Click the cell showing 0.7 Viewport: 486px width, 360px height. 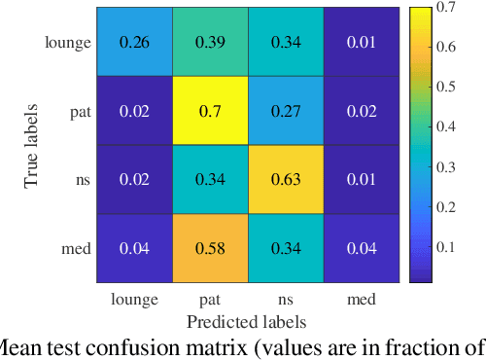(209, 111)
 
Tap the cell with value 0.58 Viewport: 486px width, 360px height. (209, 248)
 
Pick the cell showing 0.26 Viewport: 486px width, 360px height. (133, 42)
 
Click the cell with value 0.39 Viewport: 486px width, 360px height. (209, 42)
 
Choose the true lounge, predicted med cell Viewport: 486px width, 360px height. (361, 42)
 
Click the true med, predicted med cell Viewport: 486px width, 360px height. (361, 248)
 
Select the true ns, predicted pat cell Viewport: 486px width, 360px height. (209, 179)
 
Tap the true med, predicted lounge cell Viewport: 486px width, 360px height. (133, 248)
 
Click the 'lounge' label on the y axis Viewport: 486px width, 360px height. (68, 42)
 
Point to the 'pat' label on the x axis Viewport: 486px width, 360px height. (209, 300)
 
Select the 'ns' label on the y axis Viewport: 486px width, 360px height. (82, 180)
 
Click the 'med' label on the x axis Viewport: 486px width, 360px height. (361, 300)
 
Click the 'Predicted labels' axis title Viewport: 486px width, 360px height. (247, 320)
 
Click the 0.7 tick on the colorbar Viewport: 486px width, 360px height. (446, 8)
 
